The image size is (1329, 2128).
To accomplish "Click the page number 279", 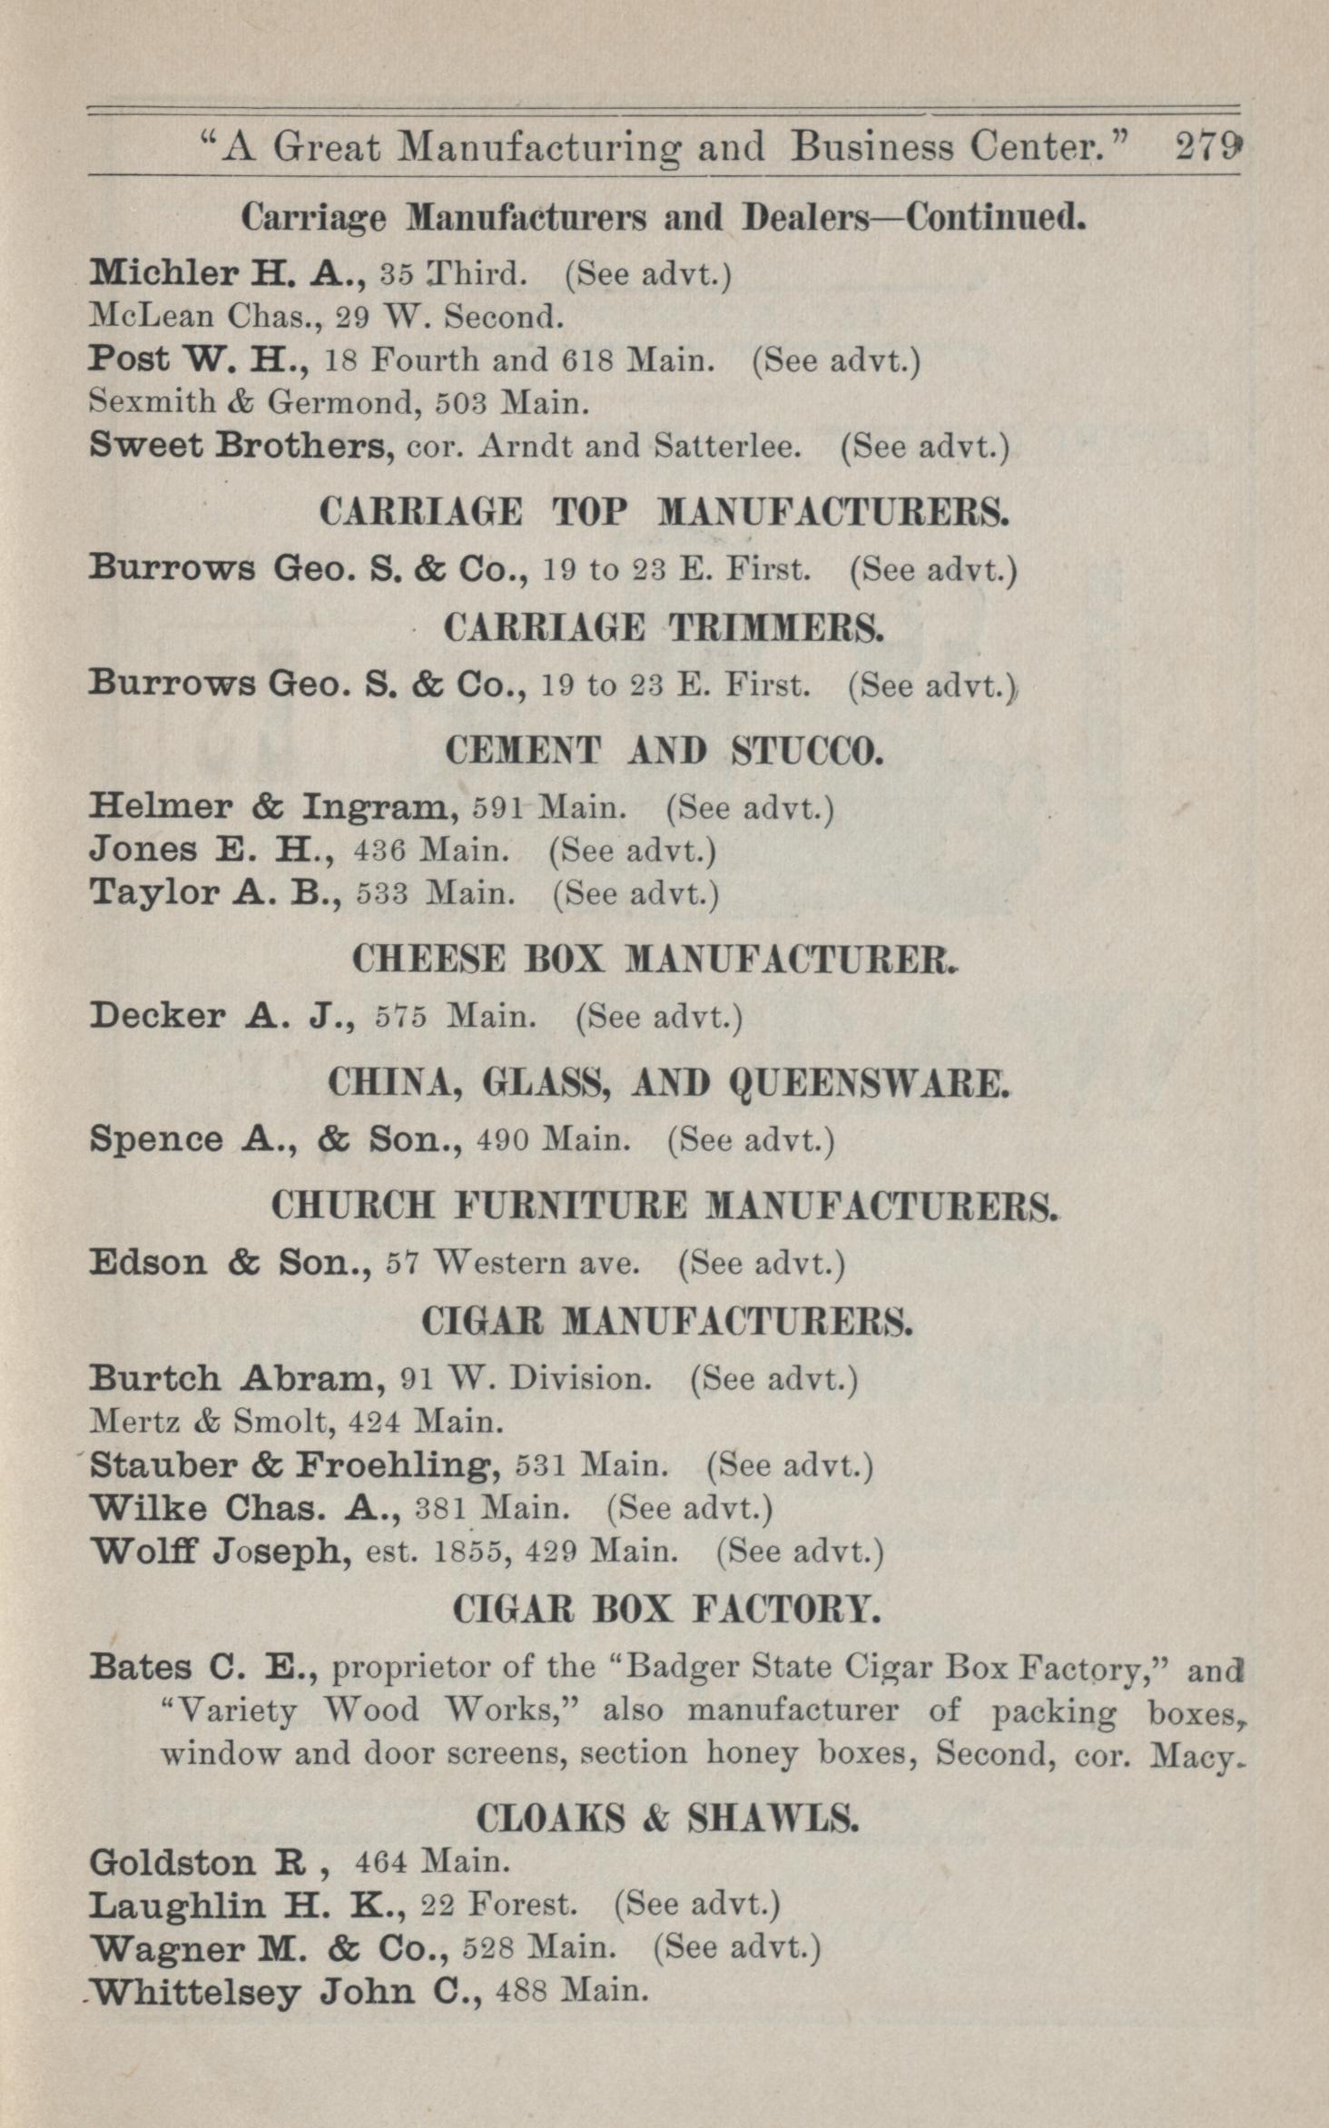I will pyautogui.click(x=1206, y=146).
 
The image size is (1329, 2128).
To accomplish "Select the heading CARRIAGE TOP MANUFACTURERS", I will pyautogui.click(x=664, y=513).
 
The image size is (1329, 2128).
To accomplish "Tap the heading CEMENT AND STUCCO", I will pyautogui.click(x=664, y=751).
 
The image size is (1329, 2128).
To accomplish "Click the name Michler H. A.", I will pyautogui.click(x=226, y=272).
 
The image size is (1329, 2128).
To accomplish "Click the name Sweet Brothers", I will pyautogui.click(x=240, y=446).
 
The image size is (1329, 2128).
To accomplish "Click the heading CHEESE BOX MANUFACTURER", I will pyautogui.click(x=655, y=960).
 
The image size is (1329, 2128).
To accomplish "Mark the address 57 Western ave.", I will pyautogui.click(x=512, y=1263).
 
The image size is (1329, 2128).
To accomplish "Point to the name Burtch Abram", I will pyautogui.click(x=232, y=1379).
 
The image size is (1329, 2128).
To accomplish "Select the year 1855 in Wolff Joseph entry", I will pyautogui.click(x=468, y=1552).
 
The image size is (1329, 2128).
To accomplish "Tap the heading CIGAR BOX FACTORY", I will pyautogui.click(x=665, y=1610).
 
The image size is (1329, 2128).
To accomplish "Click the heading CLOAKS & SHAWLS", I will pyautogui.click(x=665, y=1818).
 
